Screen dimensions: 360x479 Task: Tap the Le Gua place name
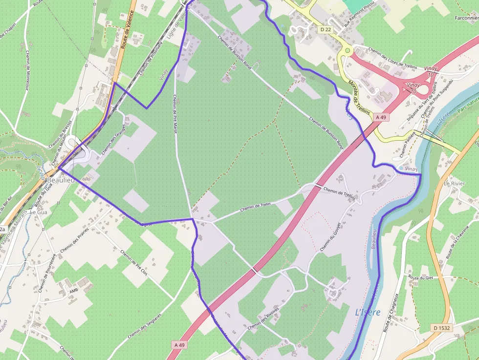[39, 212]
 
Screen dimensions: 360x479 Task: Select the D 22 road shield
[326, 30]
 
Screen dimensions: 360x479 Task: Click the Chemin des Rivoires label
[263, 318]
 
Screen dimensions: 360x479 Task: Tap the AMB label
[74, 290]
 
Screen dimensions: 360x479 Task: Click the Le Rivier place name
[454, 184]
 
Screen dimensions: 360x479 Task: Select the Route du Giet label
[421, 277]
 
